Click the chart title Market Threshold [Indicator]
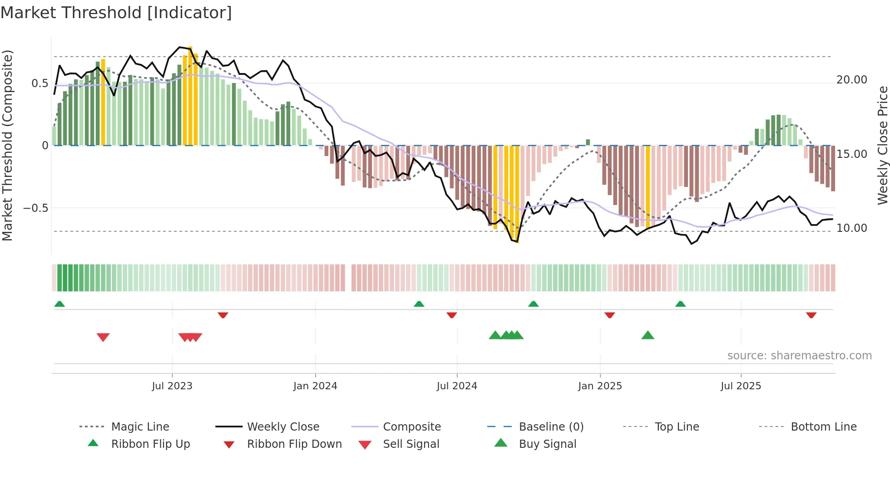coord(116,13)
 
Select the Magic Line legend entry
coord(140,426)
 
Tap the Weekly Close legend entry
coord(283,426)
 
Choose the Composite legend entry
coord(411,426)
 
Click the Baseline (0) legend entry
coord(551,426)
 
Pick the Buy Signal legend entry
coord(547,444)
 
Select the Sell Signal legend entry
coord(411,444)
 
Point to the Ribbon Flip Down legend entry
coord(294,444)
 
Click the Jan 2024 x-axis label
coord(315,386)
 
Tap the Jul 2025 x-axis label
coord(741,386)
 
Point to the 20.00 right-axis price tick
coord(851,80)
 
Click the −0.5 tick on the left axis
coord(36,208)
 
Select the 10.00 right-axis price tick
coord(851,228)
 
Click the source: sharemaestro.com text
coord(799,355)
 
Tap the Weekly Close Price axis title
coord(882,145)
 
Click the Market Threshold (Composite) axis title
coord(7,145)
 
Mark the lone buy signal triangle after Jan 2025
coord(648,335)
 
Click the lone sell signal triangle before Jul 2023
coord(103,337)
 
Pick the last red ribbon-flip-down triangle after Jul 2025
coord(811,315)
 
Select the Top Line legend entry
coord(677,426)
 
